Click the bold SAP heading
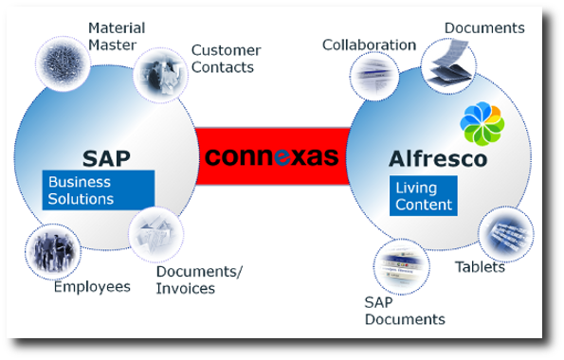105,157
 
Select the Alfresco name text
438,158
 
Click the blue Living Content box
424,195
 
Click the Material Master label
113,36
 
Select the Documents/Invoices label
199,279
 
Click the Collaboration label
369,45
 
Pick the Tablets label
480,266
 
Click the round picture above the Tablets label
504,233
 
